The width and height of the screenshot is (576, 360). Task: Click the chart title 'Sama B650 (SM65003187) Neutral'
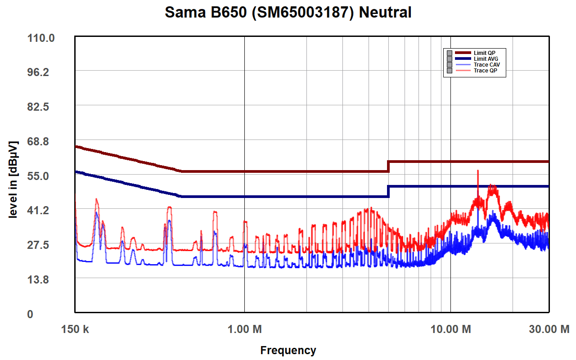click(288, 12)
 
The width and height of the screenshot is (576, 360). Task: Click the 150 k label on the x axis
click(75, 329)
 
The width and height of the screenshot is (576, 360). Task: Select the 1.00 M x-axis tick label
click(244, 329)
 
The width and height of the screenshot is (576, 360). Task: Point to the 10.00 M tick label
click(451, 329)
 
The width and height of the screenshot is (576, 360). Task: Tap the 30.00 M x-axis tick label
click(549, 329)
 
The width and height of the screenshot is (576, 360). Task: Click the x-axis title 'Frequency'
click(288, 350)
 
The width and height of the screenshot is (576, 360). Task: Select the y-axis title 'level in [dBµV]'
click(13, 180)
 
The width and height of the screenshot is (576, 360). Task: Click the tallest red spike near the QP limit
click(477, 171)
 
